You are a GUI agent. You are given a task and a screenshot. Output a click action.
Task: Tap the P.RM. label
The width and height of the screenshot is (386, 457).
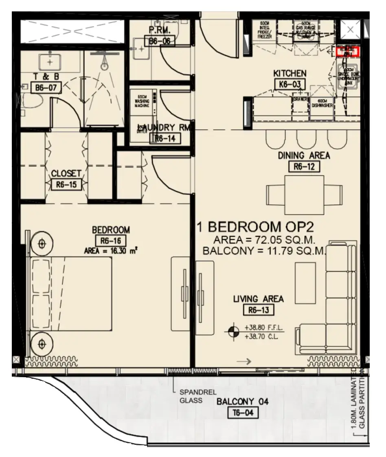click(159, 30)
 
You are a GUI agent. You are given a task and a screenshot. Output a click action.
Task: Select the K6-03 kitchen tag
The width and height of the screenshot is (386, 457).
click(290, 84)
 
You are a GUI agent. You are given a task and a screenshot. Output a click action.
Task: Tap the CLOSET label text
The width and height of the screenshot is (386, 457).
click(66, 173)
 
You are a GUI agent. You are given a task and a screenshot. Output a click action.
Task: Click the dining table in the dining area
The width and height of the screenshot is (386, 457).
click(304, 194)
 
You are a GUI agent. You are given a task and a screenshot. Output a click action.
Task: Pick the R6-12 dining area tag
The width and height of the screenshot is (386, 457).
click(304, 166)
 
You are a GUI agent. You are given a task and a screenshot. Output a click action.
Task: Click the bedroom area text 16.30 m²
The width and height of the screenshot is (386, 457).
click(110, 251)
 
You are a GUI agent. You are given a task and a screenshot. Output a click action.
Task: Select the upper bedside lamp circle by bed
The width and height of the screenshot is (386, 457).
click(41, 244)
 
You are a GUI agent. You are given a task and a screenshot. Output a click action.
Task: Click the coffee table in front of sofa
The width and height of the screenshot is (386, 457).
click(305, 280)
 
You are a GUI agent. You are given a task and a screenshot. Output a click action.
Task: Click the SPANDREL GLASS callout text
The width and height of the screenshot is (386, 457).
click(191, 396)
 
